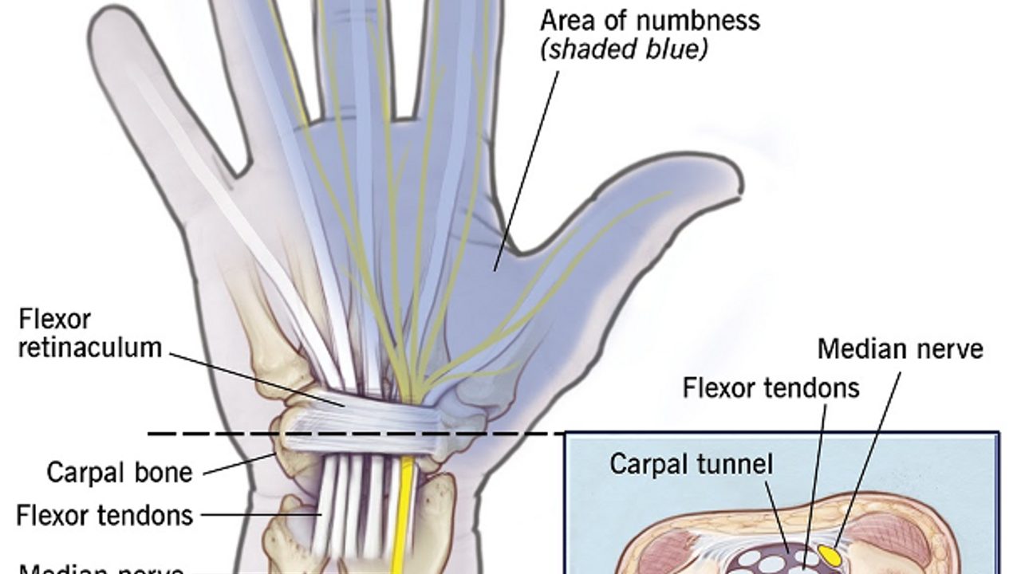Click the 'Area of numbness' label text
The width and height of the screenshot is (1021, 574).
coord(650,19)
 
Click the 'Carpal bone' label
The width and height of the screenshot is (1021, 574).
coord(120,472)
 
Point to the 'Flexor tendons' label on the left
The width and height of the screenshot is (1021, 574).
coord(104,515)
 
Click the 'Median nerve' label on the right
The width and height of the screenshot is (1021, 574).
coord(901,348)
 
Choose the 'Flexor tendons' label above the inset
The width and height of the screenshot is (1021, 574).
coord(771,387)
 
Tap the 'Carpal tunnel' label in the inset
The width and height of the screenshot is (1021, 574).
coord(691,464)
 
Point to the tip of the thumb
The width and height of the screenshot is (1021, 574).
coord(730,180)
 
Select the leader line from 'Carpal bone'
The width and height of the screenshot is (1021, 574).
coord(239,465)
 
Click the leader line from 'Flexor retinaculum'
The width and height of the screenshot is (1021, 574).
coord(255,378)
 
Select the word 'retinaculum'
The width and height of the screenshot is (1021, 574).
coord(89,348)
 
